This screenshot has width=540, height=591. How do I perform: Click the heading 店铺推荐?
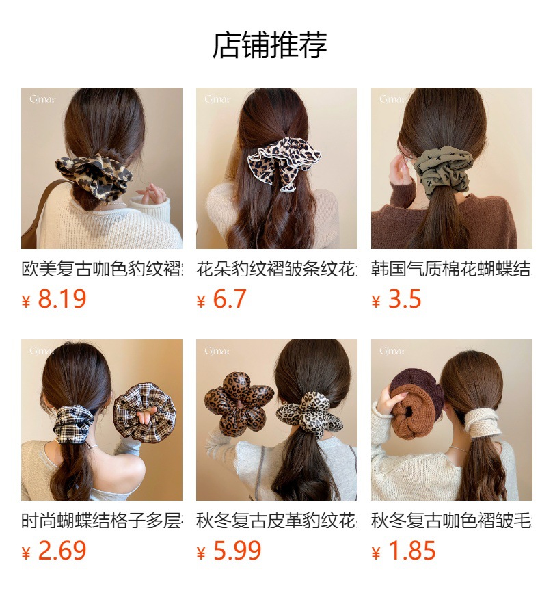270,45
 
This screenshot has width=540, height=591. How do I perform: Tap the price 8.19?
61,300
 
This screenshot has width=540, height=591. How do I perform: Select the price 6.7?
229,300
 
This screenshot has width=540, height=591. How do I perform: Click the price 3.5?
404,300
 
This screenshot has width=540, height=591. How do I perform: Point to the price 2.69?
61,551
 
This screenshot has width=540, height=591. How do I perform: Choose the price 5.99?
237,551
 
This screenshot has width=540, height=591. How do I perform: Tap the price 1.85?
411,551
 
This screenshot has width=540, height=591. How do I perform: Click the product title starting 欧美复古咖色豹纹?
102,268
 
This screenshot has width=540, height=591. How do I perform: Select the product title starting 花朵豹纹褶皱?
277,268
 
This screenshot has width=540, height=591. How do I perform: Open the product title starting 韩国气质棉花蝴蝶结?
452,268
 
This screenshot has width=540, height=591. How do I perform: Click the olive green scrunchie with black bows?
445,171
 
